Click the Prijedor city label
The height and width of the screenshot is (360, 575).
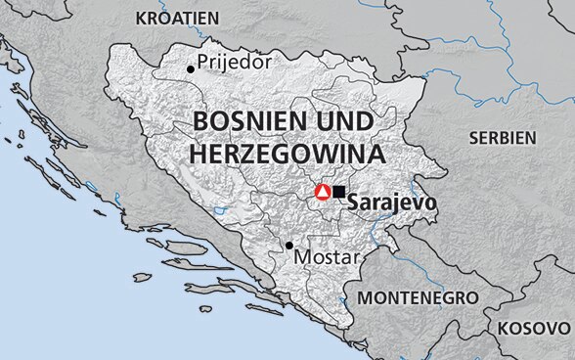[x=234, y=63]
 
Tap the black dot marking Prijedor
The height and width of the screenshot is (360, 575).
[x=190, y=68]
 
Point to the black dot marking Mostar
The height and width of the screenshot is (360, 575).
[x=288, y=246]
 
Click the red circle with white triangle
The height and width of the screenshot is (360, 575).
[x=322, y=193]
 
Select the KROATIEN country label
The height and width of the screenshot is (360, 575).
[x=178, y=18]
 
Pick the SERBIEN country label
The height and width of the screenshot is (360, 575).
[x=503, y=138]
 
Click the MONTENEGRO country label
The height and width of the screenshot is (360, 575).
[x=418, y=296]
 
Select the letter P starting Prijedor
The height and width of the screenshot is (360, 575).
[x=202, y=62]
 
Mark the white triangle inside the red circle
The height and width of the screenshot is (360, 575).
[x=322, y=193]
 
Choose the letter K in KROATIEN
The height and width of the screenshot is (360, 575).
[x=141, y=18]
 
